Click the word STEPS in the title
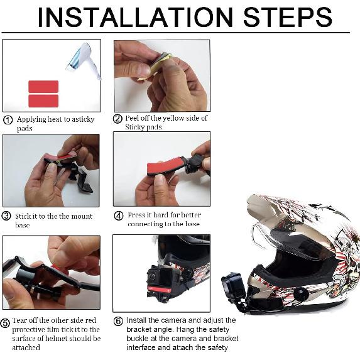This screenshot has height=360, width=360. coord(288,18)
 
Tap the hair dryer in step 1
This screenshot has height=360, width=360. coord(84,60)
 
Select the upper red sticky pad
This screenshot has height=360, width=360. coord(43,87)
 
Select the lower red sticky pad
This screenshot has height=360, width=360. coord(43,101)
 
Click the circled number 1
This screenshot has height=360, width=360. coord(8,120)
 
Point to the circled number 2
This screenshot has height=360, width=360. coord(117,119)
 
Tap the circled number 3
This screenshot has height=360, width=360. coord(6,216)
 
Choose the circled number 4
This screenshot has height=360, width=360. coord(119,216)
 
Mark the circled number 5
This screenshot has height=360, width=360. coord(5,323)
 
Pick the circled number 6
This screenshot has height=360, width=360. coord(118,321)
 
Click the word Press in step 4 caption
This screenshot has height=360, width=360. coord(136,215)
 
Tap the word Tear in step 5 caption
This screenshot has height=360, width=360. coord(18,320)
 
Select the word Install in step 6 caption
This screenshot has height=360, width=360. coord(136,320)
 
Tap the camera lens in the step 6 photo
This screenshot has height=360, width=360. coord(152,276)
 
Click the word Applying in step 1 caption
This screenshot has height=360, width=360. coord(31,120)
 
